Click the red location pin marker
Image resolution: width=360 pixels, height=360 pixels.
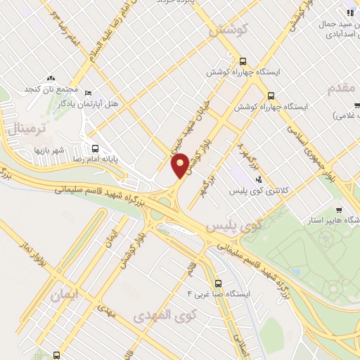180,167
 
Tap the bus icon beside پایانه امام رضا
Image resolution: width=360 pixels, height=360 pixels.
95,148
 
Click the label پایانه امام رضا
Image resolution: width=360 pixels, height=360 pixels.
65,160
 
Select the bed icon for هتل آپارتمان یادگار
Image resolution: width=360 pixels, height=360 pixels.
87,92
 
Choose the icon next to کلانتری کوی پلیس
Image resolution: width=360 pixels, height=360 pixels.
259,179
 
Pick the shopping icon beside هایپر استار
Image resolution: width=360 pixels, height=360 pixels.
338,210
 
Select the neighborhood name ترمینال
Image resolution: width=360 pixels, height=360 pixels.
30,129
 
